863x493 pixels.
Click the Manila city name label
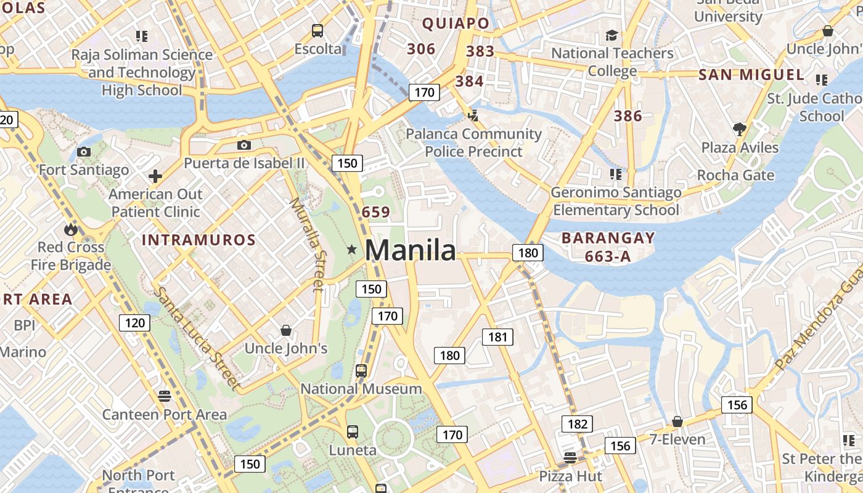click(411, 250)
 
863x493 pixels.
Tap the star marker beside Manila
click(351, 250)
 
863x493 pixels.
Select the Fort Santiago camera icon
click(84, 152)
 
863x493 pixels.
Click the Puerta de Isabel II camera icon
click(244, 145)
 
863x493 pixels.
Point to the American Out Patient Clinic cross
click(155, 177)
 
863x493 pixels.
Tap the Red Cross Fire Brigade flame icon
click(71, 230)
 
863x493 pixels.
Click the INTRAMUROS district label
click(198, 240)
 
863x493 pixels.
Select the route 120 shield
click(134, 322)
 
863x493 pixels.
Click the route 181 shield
click(497, 336)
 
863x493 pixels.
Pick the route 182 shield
click(577, 424)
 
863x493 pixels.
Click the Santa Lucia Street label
click(197, 338)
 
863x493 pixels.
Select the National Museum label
click(361, 389)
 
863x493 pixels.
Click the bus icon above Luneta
click(352, 432)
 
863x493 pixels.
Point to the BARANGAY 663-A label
click(608, 246)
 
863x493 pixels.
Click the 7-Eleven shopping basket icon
click(677, 422)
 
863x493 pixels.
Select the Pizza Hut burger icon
click(570, 457)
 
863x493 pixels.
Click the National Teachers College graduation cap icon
click(611, 35)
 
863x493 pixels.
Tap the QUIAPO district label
click(456, 23)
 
